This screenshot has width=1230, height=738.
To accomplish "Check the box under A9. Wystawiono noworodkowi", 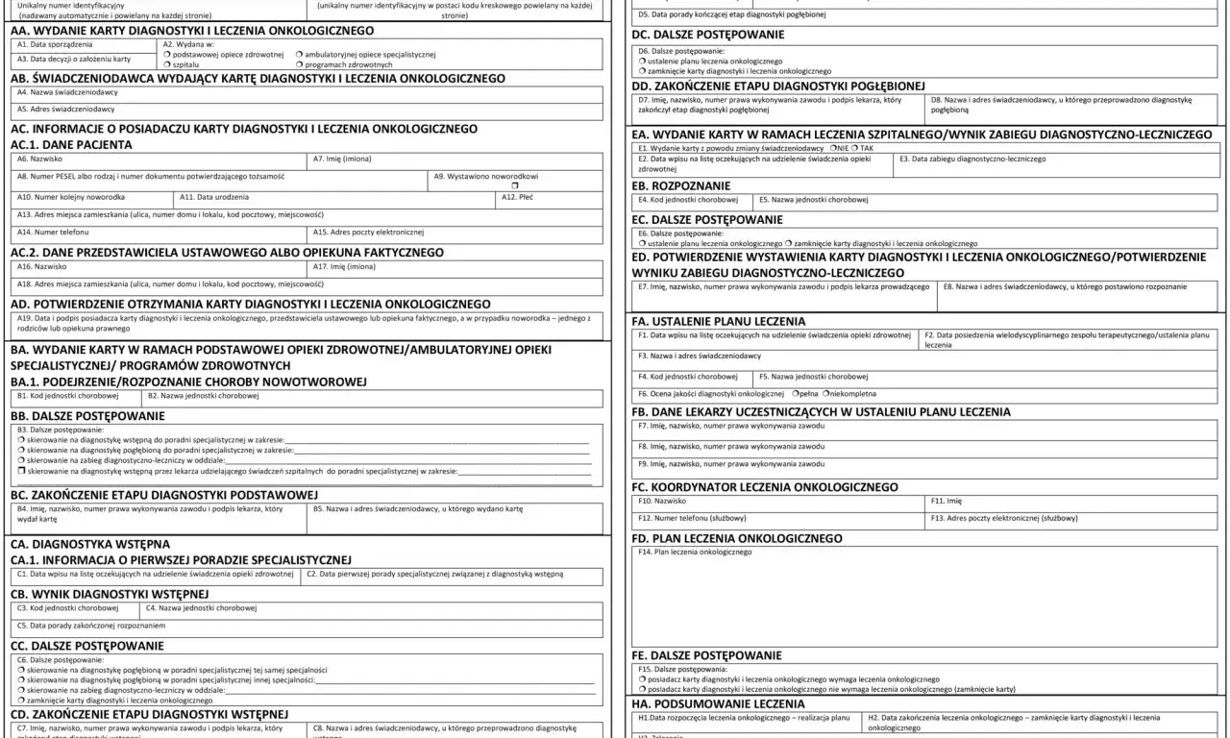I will point(515,184).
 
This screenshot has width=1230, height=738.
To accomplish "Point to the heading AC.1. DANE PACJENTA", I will point(71,144).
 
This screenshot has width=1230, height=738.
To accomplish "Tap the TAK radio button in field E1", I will point(855,149).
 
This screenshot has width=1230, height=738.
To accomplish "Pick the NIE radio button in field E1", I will point(831,149).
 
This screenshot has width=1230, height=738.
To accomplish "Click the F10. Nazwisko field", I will point(778,501).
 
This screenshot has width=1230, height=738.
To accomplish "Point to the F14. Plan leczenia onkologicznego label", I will point(693,552).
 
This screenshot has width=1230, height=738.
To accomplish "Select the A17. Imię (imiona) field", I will point(456,266).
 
